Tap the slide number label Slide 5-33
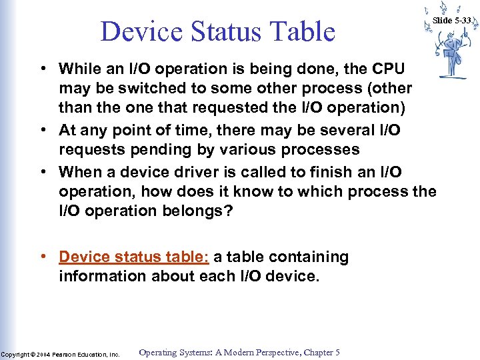[452, 21]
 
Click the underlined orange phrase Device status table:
[133, 257]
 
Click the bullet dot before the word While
[42, 69]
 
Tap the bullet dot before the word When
[42, 172]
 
